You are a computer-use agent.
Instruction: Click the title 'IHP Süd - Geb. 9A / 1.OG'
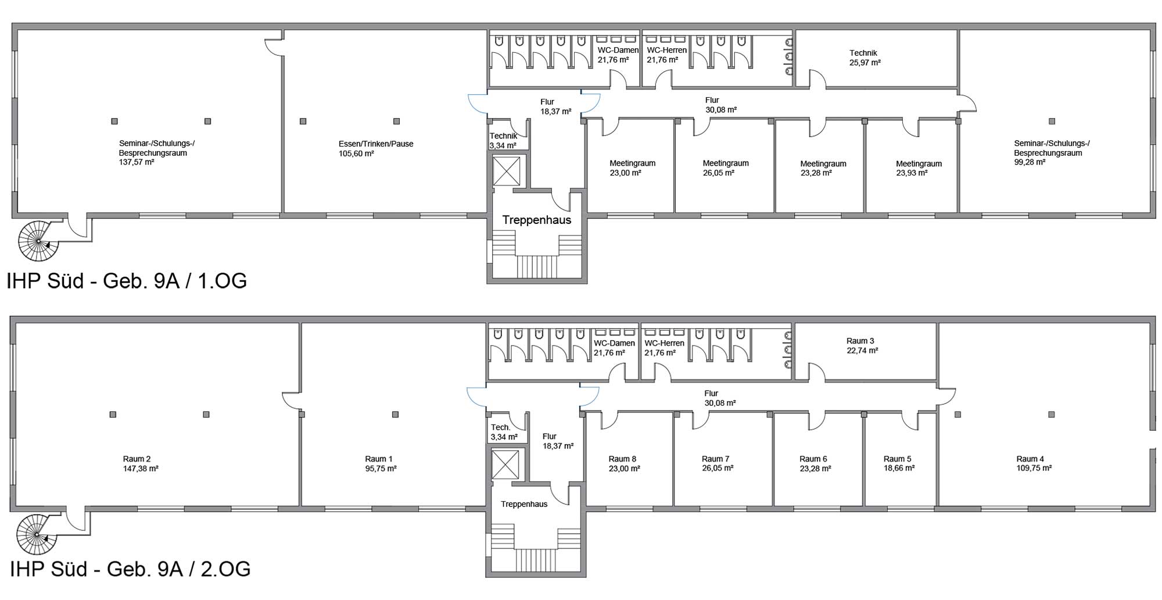127,281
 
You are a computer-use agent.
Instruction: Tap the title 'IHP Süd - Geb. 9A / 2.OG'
130,569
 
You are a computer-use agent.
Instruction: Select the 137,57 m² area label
137,162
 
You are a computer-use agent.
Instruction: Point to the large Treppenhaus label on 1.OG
537,220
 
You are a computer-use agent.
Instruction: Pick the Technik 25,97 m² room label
865,58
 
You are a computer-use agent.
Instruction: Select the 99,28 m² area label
1030,162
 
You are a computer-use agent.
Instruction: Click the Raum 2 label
137,459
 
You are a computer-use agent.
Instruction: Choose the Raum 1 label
379,459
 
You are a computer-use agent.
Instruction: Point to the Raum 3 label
860,341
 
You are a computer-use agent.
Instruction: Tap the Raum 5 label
898,459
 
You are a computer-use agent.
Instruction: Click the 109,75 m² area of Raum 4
1034,468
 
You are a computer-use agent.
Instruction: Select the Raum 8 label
623,459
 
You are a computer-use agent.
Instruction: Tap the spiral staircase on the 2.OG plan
37,534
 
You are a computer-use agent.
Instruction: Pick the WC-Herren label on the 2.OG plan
664,343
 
